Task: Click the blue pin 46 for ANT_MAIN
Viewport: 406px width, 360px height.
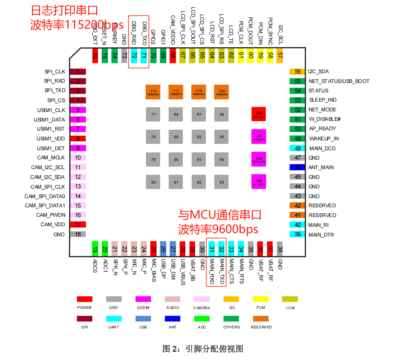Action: coord(297,167)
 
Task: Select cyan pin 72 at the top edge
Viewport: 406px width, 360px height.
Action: coord(134,56)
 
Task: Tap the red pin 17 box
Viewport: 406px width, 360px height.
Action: coord(78,225)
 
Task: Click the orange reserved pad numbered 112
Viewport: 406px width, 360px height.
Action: coord(153,92)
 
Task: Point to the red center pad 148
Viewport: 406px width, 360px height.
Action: coord(259,114)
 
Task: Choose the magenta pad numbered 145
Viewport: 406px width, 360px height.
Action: coord(259,182)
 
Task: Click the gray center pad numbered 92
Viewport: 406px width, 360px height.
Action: coord(199,137)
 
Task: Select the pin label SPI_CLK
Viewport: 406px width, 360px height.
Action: coord(55,72)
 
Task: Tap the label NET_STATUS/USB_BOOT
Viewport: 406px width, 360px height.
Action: coord(339,81)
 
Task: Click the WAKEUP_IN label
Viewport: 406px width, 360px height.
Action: coord(324,139)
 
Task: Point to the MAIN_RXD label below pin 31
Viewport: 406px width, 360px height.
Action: coord(212,271)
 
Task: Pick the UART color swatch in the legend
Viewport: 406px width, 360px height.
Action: coord(114,319)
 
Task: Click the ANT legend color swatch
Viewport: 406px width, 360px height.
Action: coord(172,319)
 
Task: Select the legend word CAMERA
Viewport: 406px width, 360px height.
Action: coord(201,308)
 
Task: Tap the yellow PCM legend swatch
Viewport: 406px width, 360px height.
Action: coord(261,299)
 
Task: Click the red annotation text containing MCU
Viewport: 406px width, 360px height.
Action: coord(220,215)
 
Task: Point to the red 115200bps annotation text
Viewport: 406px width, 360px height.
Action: coord(77,25)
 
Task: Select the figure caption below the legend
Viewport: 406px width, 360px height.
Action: coord(203,349)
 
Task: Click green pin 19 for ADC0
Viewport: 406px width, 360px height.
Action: coord(95,249)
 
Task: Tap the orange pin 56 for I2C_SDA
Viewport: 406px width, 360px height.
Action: coord(297,72)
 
